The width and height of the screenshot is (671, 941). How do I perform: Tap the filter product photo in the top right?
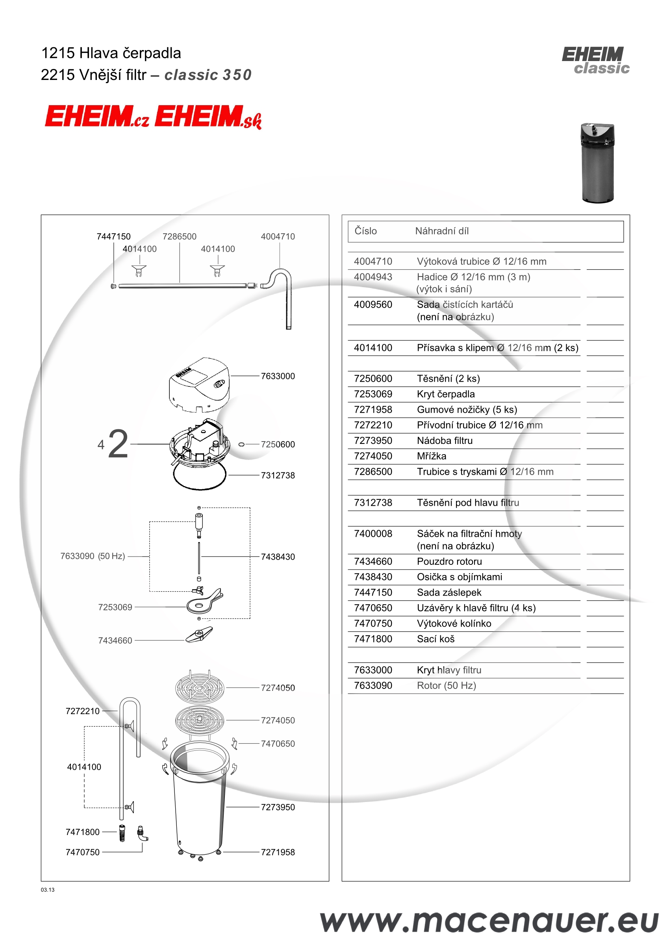point(597,163)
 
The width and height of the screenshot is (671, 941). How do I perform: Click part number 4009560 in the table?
point(373,304)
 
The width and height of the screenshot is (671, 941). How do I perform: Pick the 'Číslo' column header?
point(366,231)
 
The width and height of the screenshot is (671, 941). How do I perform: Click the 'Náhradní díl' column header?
point(442,231)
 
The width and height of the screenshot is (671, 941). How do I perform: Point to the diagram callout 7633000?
point(278,376)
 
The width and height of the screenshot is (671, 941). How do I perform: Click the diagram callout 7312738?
point(278,475)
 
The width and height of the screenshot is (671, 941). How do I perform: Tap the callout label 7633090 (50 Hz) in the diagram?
point(93,556)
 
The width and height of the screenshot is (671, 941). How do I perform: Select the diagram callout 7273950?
point(278,807)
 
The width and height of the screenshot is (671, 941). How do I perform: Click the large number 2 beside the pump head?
point(118,444)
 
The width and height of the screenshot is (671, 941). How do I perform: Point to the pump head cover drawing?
point(199,385)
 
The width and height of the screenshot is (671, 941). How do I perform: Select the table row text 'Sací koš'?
point(436,639)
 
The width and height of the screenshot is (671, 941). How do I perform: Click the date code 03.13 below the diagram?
point(48,890)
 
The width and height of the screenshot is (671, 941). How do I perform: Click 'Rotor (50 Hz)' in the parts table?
point(446,686)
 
